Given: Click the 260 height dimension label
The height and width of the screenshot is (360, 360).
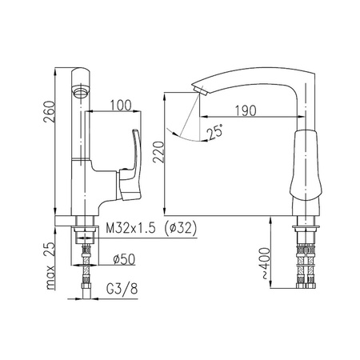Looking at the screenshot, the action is pyautogui.click(x=49, y=111).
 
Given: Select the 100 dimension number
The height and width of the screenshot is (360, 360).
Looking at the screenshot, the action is pyautogui.click(x=121, y=106).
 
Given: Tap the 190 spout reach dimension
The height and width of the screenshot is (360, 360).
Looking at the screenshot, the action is pyautogui.click(x=246, y=110).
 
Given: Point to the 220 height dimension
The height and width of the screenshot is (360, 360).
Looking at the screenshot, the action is pyautogui.click(x=158, y=152).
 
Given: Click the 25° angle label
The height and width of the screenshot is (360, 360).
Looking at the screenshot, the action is pyautogui.click(x=216, y=132).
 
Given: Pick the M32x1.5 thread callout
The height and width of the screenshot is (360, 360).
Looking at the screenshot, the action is pyautogui.click(x=130, y=228).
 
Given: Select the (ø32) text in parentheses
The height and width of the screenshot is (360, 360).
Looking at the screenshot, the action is pyautogui.click(x=181, y=228).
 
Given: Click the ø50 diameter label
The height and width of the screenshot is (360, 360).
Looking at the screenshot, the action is pyautogui.click(x=124, y=259).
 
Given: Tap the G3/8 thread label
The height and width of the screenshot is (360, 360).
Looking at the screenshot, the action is pyautogui.click(x=122, y=289).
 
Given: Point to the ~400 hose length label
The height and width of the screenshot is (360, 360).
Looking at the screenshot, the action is pyautogui.click(x=265, y=263).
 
